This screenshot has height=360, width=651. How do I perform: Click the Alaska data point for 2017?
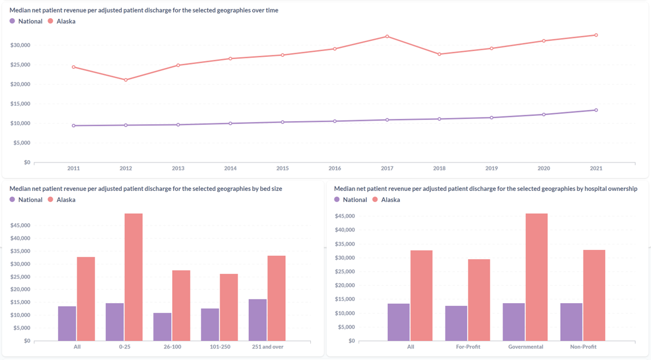387,37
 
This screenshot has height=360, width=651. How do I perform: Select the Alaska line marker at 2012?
126,80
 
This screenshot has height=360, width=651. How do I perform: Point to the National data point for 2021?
596,110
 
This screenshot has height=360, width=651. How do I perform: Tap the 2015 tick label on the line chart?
282,169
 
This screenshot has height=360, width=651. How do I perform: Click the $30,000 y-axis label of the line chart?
20,45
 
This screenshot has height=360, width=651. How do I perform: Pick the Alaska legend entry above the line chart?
62,21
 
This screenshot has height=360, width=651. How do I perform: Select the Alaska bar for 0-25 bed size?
134,277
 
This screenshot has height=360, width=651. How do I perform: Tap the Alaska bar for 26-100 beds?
181,305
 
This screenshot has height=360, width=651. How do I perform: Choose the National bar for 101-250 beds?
210,325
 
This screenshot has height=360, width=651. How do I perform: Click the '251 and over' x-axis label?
267,347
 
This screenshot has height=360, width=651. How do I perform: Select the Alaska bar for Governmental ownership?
537,277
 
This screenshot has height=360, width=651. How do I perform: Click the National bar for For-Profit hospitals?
456,323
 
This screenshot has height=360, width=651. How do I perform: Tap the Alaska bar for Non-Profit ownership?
594,295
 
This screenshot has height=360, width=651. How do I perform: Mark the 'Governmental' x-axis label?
526,347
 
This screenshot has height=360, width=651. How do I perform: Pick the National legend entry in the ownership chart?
351,200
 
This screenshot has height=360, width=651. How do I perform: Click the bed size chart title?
146,189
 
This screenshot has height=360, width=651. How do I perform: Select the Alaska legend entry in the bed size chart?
62,200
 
